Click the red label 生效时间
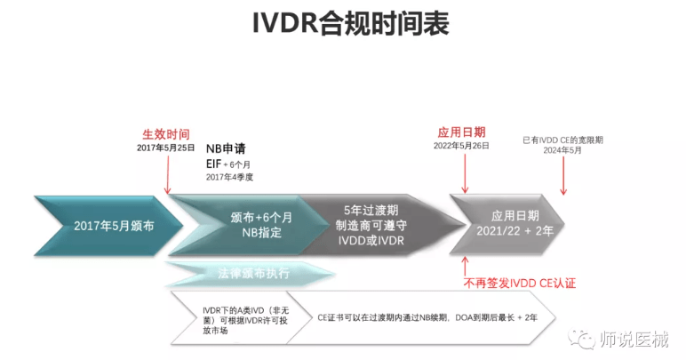click(x=167, y=132)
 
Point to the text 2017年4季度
click(x=230, y=178)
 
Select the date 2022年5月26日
click(x=461, y=145)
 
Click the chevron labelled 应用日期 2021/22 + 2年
click(x=511, y=225)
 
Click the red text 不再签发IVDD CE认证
click(x=520, y=283)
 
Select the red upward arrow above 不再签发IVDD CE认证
click(x=464, y=264)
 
